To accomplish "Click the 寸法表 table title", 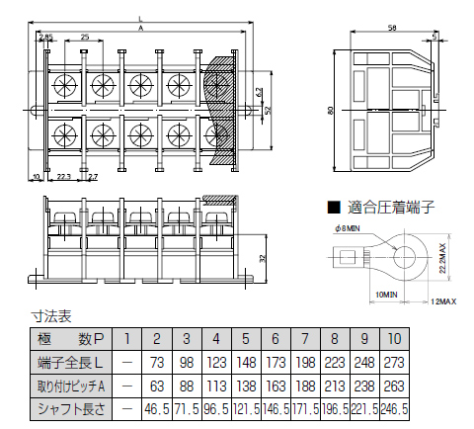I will [51, 317].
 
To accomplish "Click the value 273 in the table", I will [394, 362].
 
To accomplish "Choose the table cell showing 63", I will [157, 385].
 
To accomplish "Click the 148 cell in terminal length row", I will [246, 362].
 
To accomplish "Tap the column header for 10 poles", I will [394, 339].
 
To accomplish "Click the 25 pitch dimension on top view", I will [85, 37].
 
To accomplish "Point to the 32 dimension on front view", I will [261, 257].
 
